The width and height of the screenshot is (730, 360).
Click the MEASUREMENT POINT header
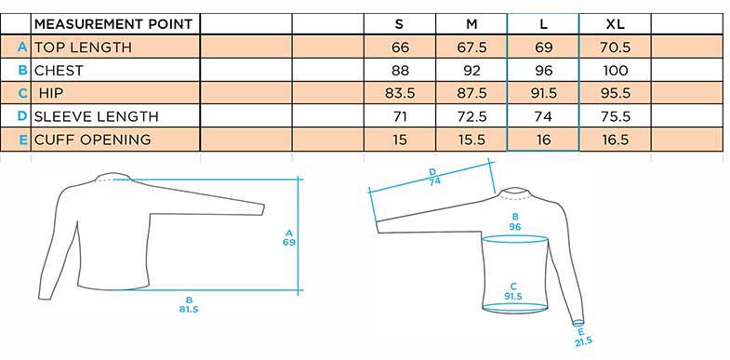pos(113,24)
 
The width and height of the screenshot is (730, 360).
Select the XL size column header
pos(615,24)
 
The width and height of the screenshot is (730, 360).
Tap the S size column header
pos(399,24)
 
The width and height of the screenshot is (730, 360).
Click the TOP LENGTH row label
pos(83,47)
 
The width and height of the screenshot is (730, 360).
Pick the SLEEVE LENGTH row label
pos(97,116)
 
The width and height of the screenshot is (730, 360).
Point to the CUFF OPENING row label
pos(93,140)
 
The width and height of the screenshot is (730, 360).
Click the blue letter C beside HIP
pos(23,94)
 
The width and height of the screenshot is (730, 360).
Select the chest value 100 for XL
pos(616,71)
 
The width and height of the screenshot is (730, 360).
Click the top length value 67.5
pos(471,47)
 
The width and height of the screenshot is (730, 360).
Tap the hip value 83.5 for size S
pos(400,94)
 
